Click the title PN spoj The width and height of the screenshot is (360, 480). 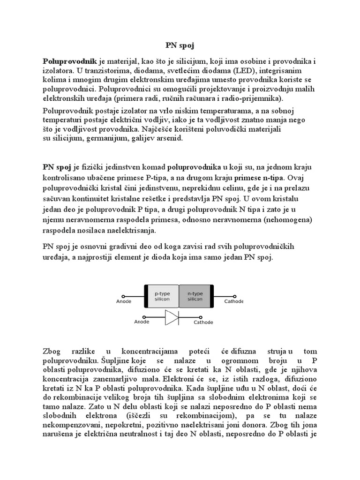(180, 46)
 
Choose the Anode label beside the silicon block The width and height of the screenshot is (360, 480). (124, 302)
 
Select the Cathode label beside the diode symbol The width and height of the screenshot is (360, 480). (203, 322)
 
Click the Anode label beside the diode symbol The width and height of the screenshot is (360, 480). (142, 322)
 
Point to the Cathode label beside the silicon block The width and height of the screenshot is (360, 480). (233, 302)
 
